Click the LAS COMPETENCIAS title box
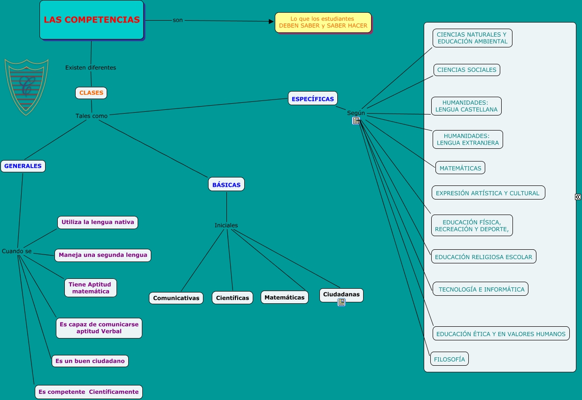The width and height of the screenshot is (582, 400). point(92,20)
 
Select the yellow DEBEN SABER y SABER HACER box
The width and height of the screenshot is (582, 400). point(323,22)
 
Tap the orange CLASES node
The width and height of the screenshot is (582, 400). point(91,93)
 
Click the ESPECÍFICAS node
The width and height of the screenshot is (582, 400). point(312,99)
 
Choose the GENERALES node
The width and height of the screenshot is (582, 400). point(23,166)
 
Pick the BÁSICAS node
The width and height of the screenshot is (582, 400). point(226,185)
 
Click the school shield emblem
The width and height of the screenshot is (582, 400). point(26,86)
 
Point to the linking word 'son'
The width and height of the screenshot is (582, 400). point(178,20)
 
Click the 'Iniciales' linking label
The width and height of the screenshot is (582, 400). point(226,225)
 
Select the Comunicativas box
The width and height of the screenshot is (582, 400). point(176,298)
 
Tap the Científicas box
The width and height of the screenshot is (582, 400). point(233,298)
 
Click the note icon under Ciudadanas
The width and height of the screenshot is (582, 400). point(341,302)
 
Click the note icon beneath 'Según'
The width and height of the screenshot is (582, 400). point(356,121)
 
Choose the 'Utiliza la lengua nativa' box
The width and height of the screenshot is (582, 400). point(98,222)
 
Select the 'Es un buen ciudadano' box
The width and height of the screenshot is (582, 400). point(90,361)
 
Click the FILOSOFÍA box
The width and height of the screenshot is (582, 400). point(450,359)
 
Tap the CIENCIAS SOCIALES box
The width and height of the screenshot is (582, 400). point(466,70)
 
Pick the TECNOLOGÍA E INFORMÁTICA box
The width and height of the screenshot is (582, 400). point(481,289)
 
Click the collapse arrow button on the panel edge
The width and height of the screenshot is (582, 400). point(578,197)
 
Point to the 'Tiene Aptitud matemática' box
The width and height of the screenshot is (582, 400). point(90,288)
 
